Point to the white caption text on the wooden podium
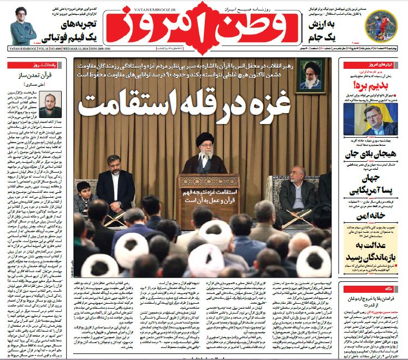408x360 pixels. click(x=208, y=197)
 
